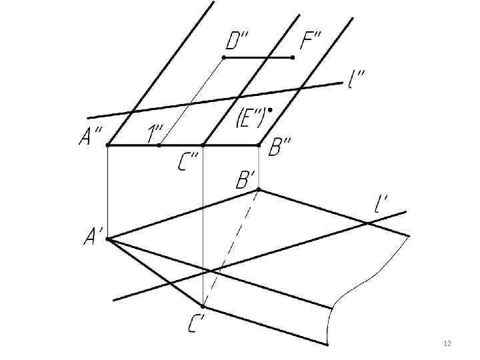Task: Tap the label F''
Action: (x=310, y=42)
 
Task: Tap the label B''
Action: (x=280, y=147)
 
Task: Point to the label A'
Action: (x=92, y=237)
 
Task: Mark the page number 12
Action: (x=447, y=343)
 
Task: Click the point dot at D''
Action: (x=223, y=58)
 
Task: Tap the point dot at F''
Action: (x=293, y=58)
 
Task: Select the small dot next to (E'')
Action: (x=270, y=109)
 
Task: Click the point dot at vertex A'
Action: (x=107, y=238)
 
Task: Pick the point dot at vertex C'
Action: (x=203, y=307)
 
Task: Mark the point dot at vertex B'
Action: (x=259, y=189)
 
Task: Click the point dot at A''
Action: (x=108, y=145)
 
